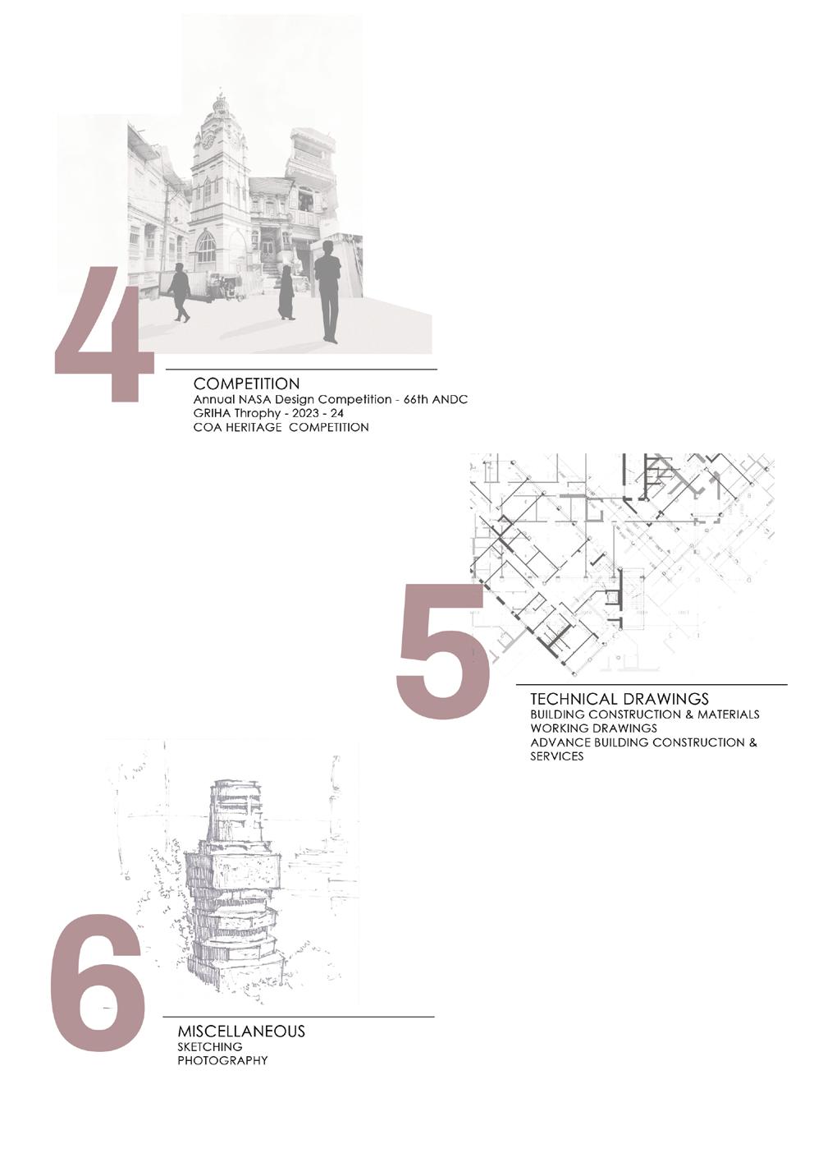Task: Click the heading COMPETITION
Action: coord(246,384)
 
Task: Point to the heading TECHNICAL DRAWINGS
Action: coord(619,699)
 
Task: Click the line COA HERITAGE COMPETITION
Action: coord(281,427)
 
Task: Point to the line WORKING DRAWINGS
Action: coord(593,728)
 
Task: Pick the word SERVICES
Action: coord(557,756)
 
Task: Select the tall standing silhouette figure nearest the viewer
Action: coord(327,291)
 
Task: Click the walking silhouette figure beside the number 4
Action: coord(179,292)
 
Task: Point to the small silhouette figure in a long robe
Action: coord(286,293)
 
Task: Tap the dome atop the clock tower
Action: coord(221,104)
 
